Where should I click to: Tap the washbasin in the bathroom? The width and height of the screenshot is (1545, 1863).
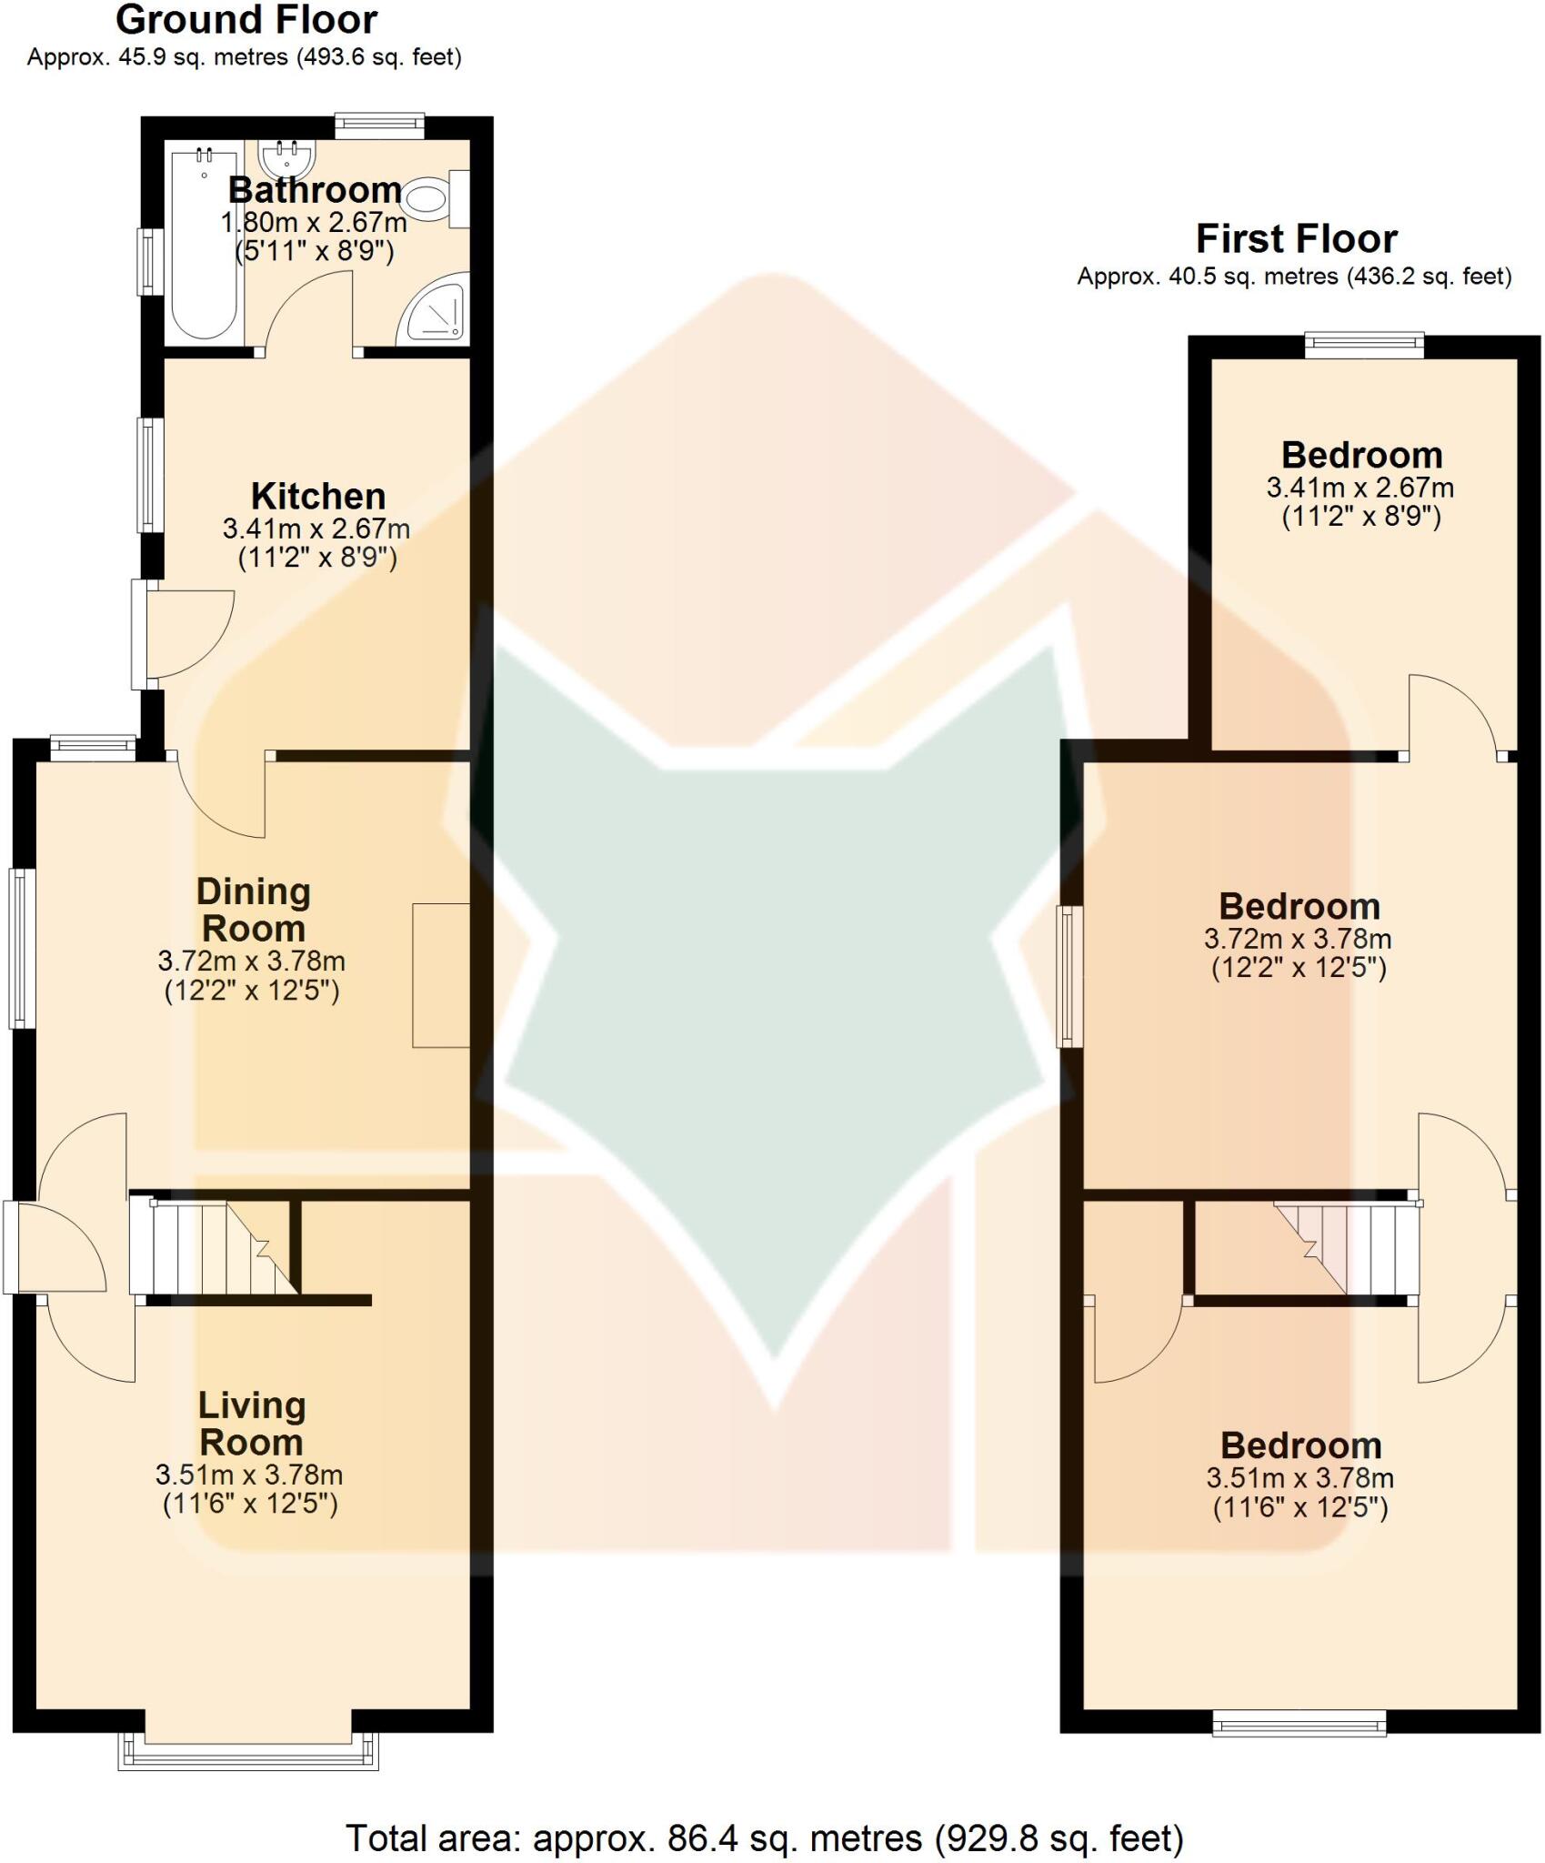(286, 158)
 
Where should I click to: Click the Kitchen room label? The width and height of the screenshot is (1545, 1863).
(317, 497)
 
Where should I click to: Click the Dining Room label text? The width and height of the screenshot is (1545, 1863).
(254, 910)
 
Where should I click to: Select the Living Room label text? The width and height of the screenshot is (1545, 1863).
(252, 1424)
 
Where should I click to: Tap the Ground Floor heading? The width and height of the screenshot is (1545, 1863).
(246, 20)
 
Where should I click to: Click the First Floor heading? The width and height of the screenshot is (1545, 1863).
(1296, 239)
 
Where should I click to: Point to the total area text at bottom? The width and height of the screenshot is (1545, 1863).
(765, 1838)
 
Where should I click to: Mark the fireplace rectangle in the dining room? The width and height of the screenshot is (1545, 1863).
(441, 975)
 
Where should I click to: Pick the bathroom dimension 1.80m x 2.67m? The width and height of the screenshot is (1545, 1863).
(314, 222)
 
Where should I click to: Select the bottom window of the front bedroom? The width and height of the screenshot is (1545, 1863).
(1299, 1722)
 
